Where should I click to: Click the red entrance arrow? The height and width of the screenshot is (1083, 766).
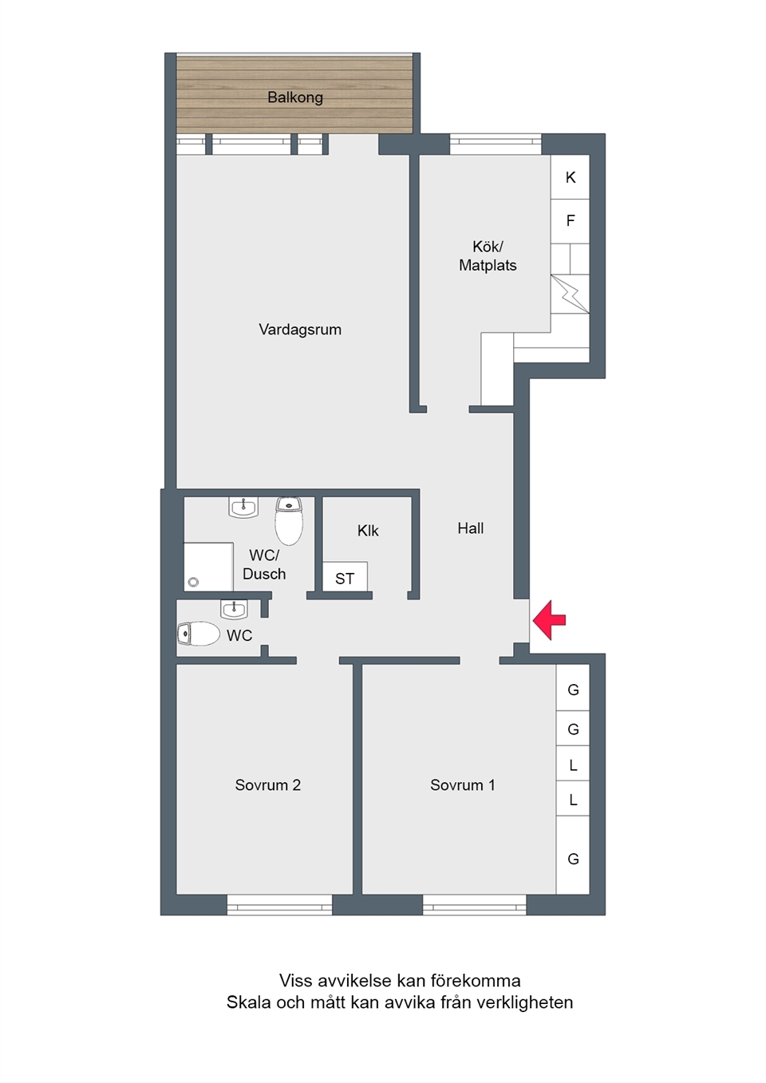click(548, 620)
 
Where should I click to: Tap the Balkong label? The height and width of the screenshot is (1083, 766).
click(295, 97)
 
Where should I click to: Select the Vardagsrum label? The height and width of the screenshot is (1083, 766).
click(300, 330)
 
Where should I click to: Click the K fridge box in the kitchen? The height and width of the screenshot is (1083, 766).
click(571, 177)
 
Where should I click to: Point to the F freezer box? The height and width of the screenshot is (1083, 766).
click(571, 221)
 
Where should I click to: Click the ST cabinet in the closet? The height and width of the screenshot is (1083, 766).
click(345, 576)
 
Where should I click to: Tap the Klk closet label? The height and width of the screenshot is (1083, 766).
click(368, 531)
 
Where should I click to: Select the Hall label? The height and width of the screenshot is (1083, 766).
click(471, 528)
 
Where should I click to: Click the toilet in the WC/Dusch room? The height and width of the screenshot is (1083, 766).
click(289, 520)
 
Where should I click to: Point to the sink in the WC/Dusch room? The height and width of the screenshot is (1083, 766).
click(243, 508)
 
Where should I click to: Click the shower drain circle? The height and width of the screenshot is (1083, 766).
click(193, 583)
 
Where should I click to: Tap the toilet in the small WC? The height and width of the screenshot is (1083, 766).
click(198, 634)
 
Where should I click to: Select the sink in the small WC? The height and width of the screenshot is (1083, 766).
click(235, 609)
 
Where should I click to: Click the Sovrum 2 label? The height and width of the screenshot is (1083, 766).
click(268, 785)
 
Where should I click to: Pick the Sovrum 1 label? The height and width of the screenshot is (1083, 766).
click(463, 785)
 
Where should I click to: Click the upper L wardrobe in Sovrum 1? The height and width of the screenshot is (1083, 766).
click(573, 764)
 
